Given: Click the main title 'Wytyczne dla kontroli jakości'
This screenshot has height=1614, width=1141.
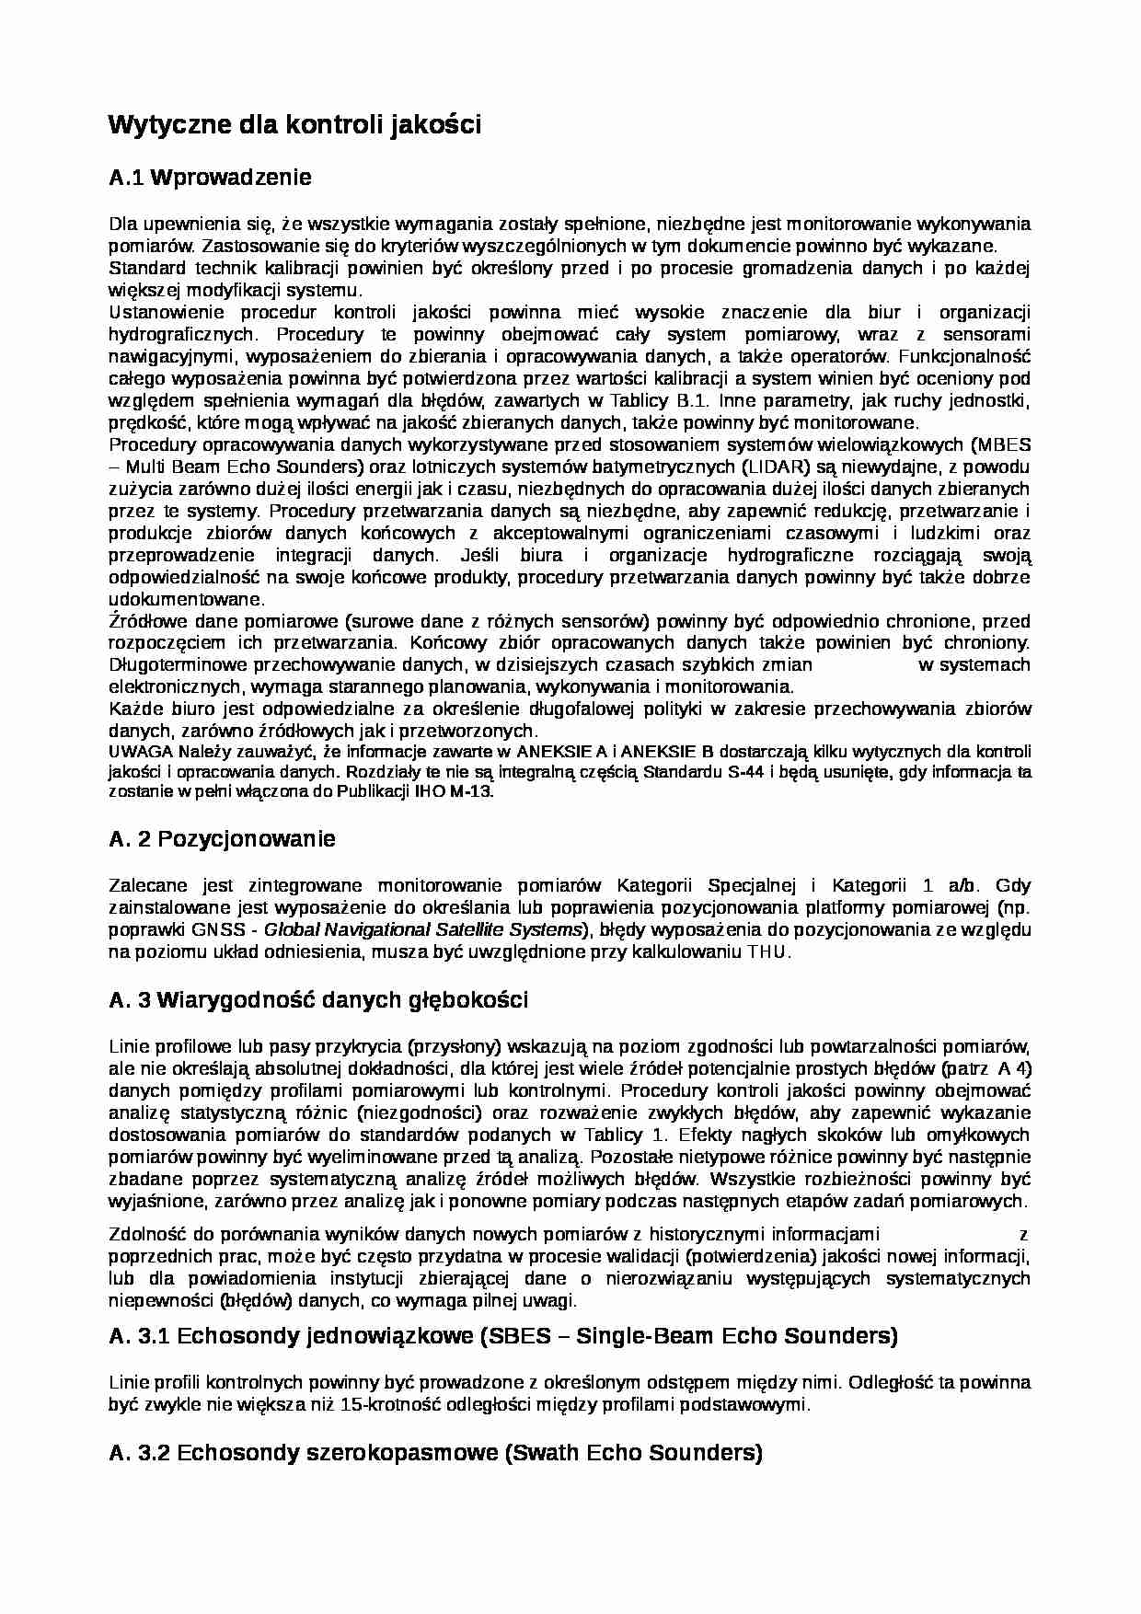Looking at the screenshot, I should [x=294, y=125].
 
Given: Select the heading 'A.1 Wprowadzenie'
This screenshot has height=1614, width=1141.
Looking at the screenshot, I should [x=211, y=177].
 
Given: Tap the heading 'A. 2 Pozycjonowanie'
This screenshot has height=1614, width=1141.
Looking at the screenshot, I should [x=222, y=838].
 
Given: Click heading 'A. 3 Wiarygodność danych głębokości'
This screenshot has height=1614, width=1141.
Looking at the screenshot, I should [x=318, y=1000].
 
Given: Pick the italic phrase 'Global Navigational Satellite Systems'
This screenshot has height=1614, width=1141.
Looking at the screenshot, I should [x=424, y=929].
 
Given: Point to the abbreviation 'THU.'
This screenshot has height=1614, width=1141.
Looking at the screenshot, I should [x=769, y=952].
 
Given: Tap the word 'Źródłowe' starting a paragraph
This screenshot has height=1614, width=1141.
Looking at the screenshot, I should [x=140, y=621].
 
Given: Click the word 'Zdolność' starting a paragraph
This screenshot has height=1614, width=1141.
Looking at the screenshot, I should [x=141, y=1234].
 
